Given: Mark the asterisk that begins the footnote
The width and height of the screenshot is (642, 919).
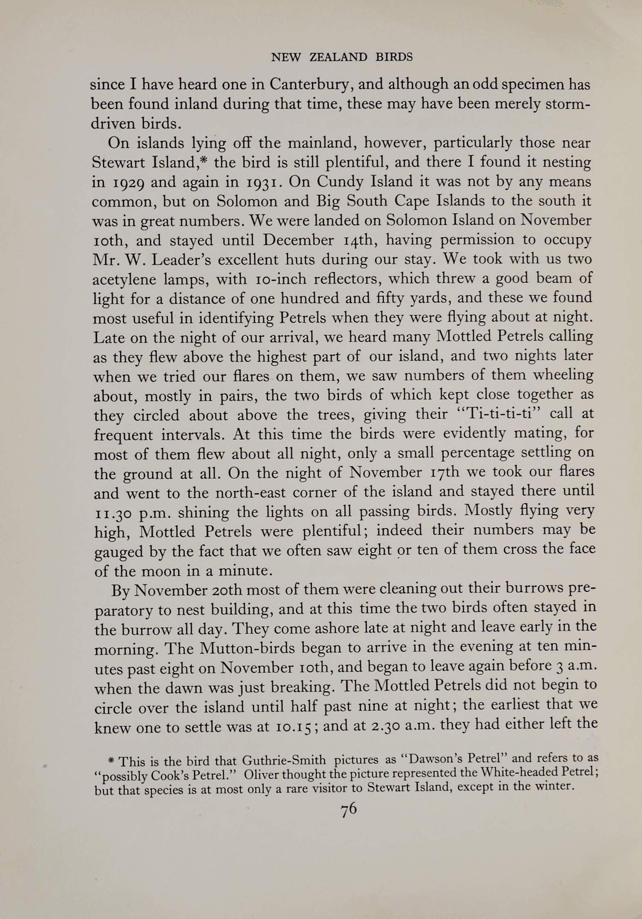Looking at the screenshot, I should (x=111, y=761).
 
